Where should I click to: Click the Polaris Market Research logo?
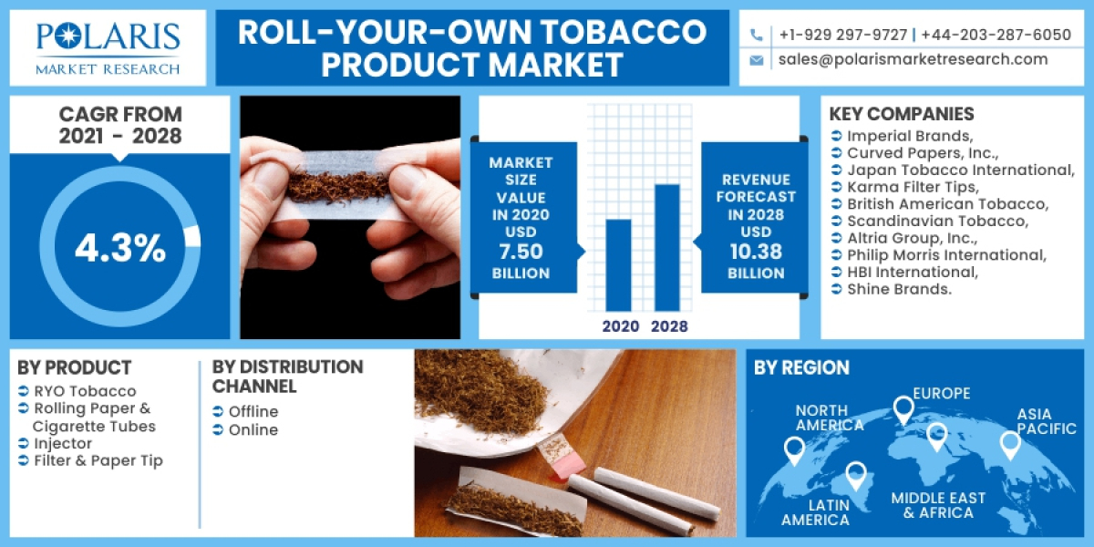pos(108,47)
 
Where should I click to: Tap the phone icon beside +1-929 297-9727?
pos(757,35)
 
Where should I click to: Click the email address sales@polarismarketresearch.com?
pos(913,59)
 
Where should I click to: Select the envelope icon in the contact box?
pos(757,60)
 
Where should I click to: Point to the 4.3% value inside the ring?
pos(119,248)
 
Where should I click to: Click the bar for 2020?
pos(618,265)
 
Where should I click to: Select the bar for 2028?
pos(667,248)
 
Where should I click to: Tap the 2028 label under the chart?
pos(669,325)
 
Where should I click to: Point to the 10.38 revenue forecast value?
pos(756,253)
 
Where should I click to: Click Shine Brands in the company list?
pos(899,289)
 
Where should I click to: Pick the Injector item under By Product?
pos(63,443)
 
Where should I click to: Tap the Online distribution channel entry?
pos(253,429)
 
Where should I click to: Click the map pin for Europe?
pos(903,409)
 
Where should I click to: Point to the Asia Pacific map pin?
pos(1009,445)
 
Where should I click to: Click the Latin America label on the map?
pos(815,511)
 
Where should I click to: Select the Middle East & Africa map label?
pos(938,505)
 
